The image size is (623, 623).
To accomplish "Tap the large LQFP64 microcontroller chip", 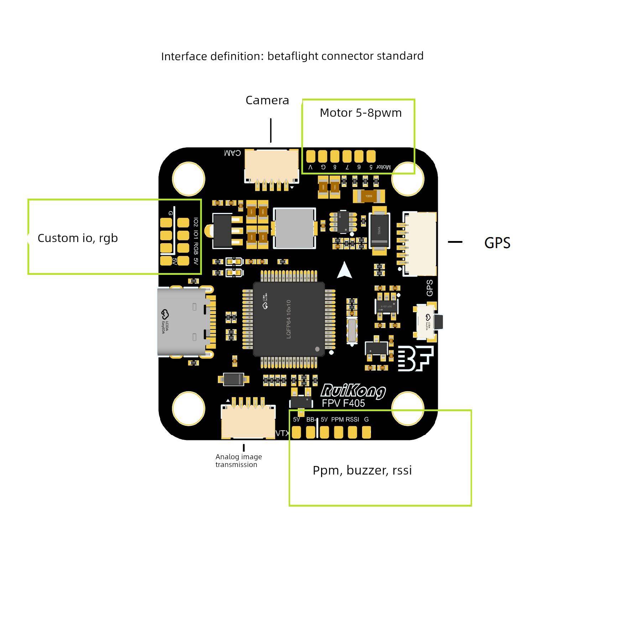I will point(289,319).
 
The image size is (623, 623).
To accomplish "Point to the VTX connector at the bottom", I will point(248,422).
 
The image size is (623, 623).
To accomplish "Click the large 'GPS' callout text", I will point(497,243).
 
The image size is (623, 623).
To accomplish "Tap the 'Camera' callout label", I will point(267,100).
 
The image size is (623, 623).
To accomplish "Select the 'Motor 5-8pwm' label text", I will point(360,113).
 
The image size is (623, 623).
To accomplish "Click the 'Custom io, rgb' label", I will point(78,238).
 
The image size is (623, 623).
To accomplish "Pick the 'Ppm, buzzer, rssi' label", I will point(362,470).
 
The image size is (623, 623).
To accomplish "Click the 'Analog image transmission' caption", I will point(239,460).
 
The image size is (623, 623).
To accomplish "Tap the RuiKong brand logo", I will point(353,391).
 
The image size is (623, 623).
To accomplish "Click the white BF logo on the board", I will point(415,358).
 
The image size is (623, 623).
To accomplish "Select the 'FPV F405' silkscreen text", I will point(343,403).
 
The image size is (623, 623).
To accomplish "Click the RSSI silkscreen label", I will point(352,419).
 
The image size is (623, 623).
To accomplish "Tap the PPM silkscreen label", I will point(337,419).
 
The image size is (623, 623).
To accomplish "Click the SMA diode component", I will point(379,230).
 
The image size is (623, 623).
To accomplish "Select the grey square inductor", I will point(294,228).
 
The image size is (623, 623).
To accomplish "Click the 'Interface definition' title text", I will point(292,56).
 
